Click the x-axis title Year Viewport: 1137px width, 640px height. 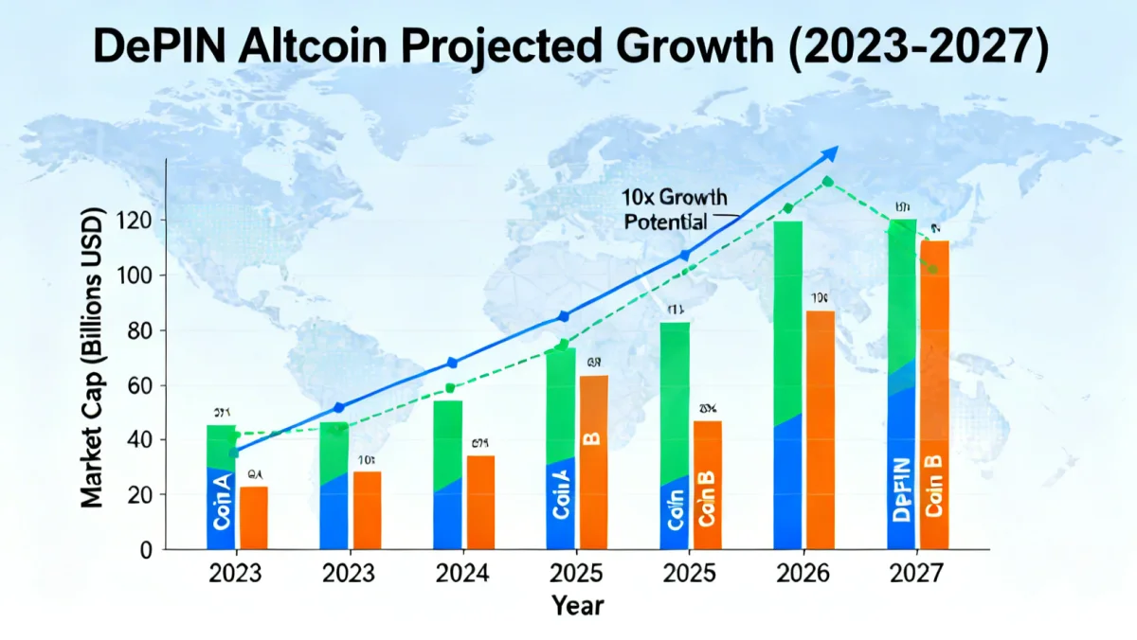(578, 604)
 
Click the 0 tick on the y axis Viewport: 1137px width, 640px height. (147, 549)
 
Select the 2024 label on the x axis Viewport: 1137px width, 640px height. (462, 574)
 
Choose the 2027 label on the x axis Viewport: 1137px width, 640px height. (918, 574)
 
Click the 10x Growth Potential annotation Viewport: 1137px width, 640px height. (675, 209)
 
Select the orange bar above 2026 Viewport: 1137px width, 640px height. (821, 430)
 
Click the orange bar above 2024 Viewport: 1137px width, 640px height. (479, 502)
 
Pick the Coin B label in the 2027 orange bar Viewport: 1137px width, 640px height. (933, 485)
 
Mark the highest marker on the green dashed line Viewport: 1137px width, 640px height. (828, 181)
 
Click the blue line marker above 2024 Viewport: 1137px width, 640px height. (452, 363)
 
